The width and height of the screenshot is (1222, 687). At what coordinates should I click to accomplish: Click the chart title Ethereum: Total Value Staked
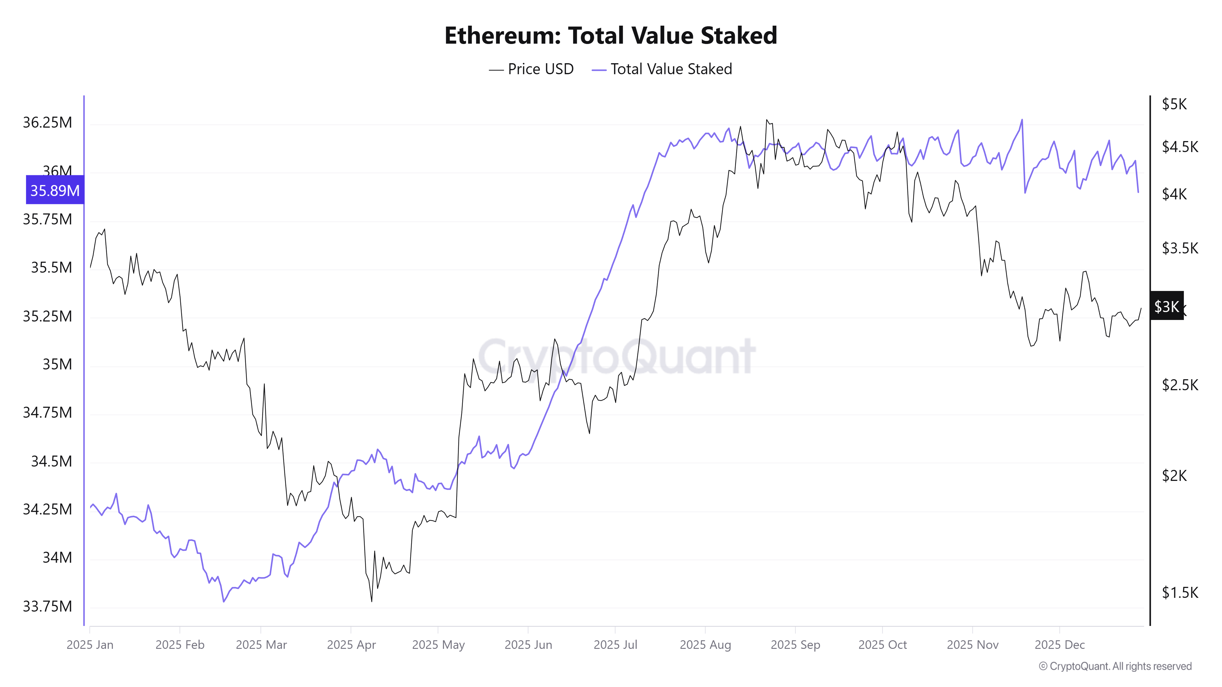(x=610, y=35)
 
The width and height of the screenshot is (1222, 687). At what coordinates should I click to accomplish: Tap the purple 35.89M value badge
(x=55, y=191)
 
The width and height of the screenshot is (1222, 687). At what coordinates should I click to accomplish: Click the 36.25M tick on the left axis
(x=47, y=123)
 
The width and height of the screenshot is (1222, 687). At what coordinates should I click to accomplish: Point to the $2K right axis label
(x=1174, y=475)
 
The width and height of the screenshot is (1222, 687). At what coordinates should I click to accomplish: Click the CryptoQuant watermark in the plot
(x=616, y=357)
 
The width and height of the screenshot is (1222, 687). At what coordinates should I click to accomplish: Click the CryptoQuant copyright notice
(x=1115, y=667)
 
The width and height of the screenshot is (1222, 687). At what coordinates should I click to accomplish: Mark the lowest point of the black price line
(x=371, y=602)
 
